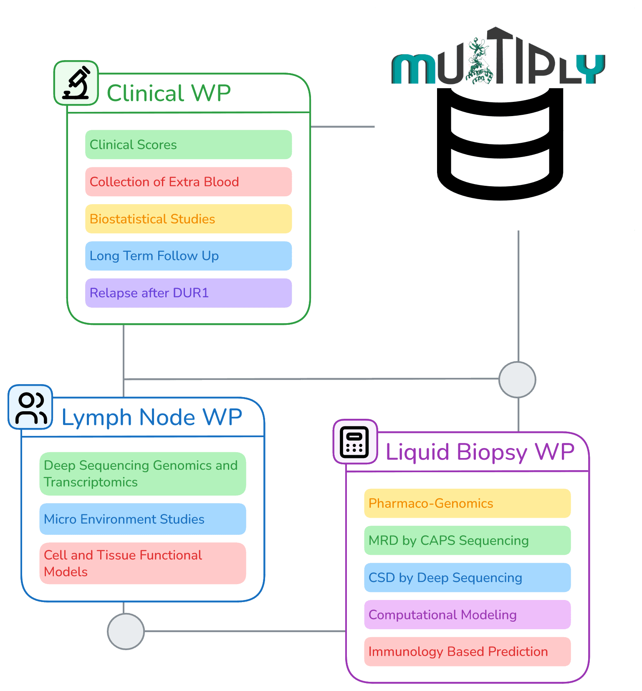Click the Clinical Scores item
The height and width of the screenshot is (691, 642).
(188, 144)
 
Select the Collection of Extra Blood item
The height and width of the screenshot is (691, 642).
(188, 182)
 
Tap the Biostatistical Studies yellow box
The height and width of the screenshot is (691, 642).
(188, 219)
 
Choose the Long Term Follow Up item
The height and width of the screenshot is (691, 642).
(188, 256)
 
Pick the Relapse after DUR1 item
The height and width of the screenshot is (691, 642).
(188, 293)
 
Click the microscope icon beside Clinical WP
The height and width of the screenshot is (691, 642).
(76, 83)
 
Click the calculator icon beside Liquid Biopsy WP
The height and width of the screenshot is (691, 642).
(355, 442)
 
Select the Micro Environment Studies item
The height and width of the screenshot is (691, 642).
(142, 519)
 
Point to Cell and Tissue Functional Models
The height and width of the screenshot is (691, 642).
(142, 563)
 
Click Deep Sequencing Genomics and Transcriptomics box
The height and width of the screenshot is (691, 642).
(142, 474)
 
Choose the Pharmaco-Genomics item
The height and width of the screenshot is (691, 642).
(467, 503)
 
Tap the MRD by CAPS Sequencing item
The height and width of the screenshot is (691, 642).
(467, 540)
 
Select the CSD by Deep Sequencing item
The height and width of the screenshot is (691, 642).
(467, 577)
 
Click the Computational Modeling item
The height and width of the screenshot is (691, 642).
(467, 615)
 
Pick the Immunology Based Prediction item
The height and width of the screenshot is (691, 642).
(467, 652)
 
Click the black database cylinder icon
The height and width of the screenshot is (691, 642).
(500, 144)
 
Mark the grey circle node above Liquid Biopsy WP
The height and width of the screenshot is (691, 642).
(517, 380)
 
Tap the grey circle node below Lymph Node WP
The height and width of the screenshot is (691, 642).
(126, 631)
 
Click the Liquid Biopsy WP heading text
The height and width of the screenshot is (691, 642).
(480, 452)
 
